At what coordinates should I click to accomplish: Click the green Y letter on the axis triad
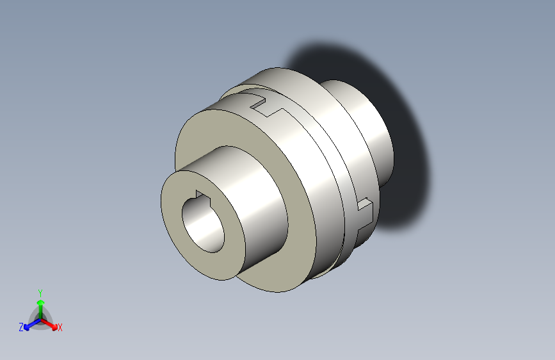click(x=40, y=291)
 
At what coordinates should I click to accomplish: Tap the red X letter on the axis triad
click(x=60, y=327)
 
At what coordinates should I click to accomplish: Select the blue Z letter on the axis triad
click(x=21, y=327)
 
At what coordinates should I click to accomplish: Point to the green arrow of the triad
click(x=40, y=304)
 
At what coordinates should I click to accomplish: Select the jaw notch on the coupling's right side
click(x=362, y=212)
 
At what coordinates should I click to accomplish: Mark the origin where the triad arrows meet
click(x=40, y=318)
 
